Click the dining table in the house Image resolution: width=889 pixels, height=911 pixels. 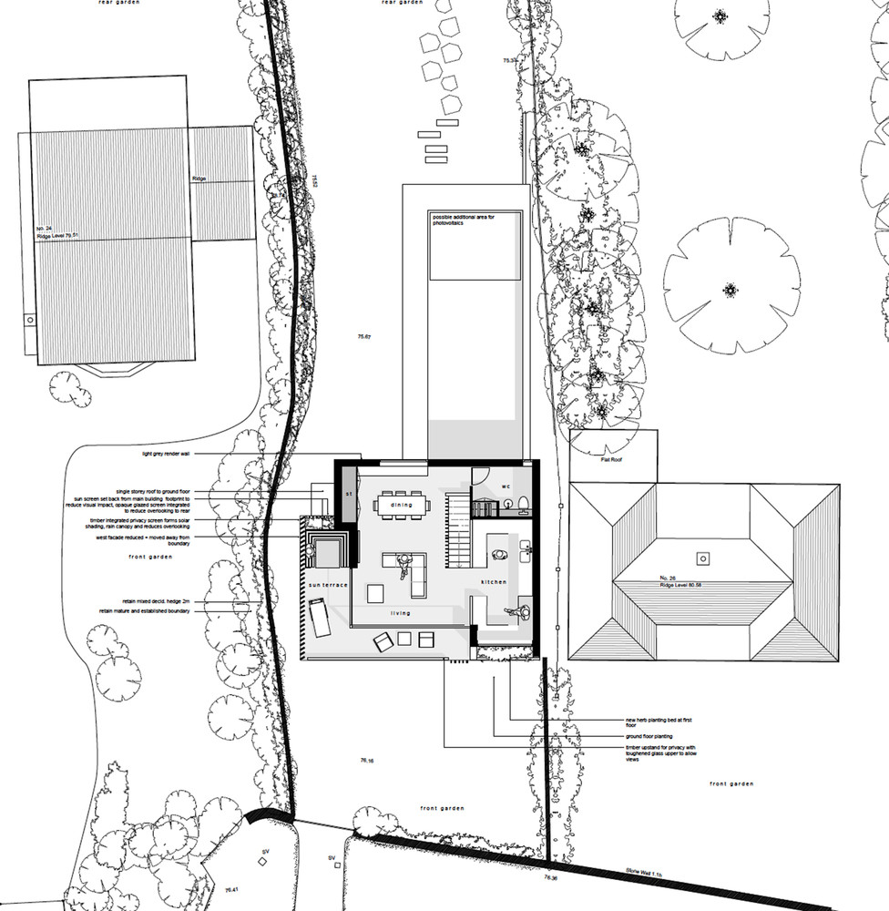pos(403,505)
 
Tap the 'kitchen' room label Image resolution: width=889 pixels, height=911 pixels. pos(493,581)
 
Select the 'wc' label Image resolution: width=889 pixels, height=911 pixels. pos(506,486)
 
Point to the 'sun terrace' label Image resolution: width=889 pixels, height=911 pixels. pos(328,584)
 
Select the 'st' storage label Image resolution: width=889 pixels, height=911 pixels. pos(348,493)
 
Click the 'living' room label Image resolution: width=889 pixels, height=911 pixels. pos(401,613)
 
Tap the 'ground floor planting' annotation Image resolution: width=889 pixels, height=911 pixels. pos(649,735)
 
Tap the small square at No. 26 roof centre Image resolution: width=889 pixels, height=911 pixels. pos(702,557)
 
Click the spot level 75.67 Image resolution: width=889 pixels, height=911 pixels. pos(365,337)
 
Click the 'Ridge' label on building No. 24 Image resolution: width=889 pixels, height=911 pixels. pos(199,179)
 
